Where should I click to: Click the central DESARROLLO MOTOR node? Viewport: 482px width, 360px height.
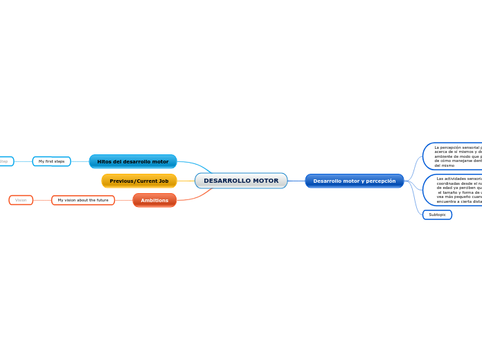point(241,181)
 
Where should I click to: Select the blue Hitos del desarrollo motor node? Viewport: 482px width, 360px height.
point(133,161)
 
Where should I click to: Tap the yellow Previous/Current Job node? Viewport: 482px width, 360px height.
point(139,181)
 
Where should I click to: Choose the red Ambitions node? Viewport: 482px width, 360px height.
point(154,200)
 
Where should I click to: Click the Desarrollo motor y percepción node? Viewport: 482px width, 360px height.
point(354,181)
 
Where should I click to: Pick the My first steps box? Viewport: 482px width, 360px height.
point(51,161)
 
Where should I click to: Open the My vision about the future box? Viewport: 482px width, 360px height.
point(83,200)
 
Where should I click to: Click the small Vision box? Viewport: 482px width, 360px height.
point(21,200)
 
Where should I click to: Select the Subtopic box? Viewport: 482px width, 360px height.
point(437,215)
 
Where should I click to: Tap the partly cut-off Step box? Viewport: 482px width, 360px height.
point(5,161)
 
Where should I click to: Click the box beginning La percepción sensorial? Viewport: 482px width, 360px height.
point(454,156)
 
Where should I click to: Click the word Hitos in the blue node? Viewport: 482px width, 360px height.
point(105,161)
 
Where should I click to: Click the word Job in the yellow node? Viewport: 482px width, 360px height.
point(163,181)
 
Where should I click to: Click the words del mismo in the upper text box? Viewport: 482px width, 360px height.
point(445,165)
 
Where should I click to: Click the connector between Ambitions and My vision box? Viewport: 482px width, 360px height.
point(123,200)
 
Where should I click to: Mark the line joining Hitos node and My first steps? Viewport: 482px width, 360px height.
point(80,161)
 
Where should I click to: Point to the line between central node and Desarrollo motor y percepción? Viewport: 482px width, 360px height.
point(296,181)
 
